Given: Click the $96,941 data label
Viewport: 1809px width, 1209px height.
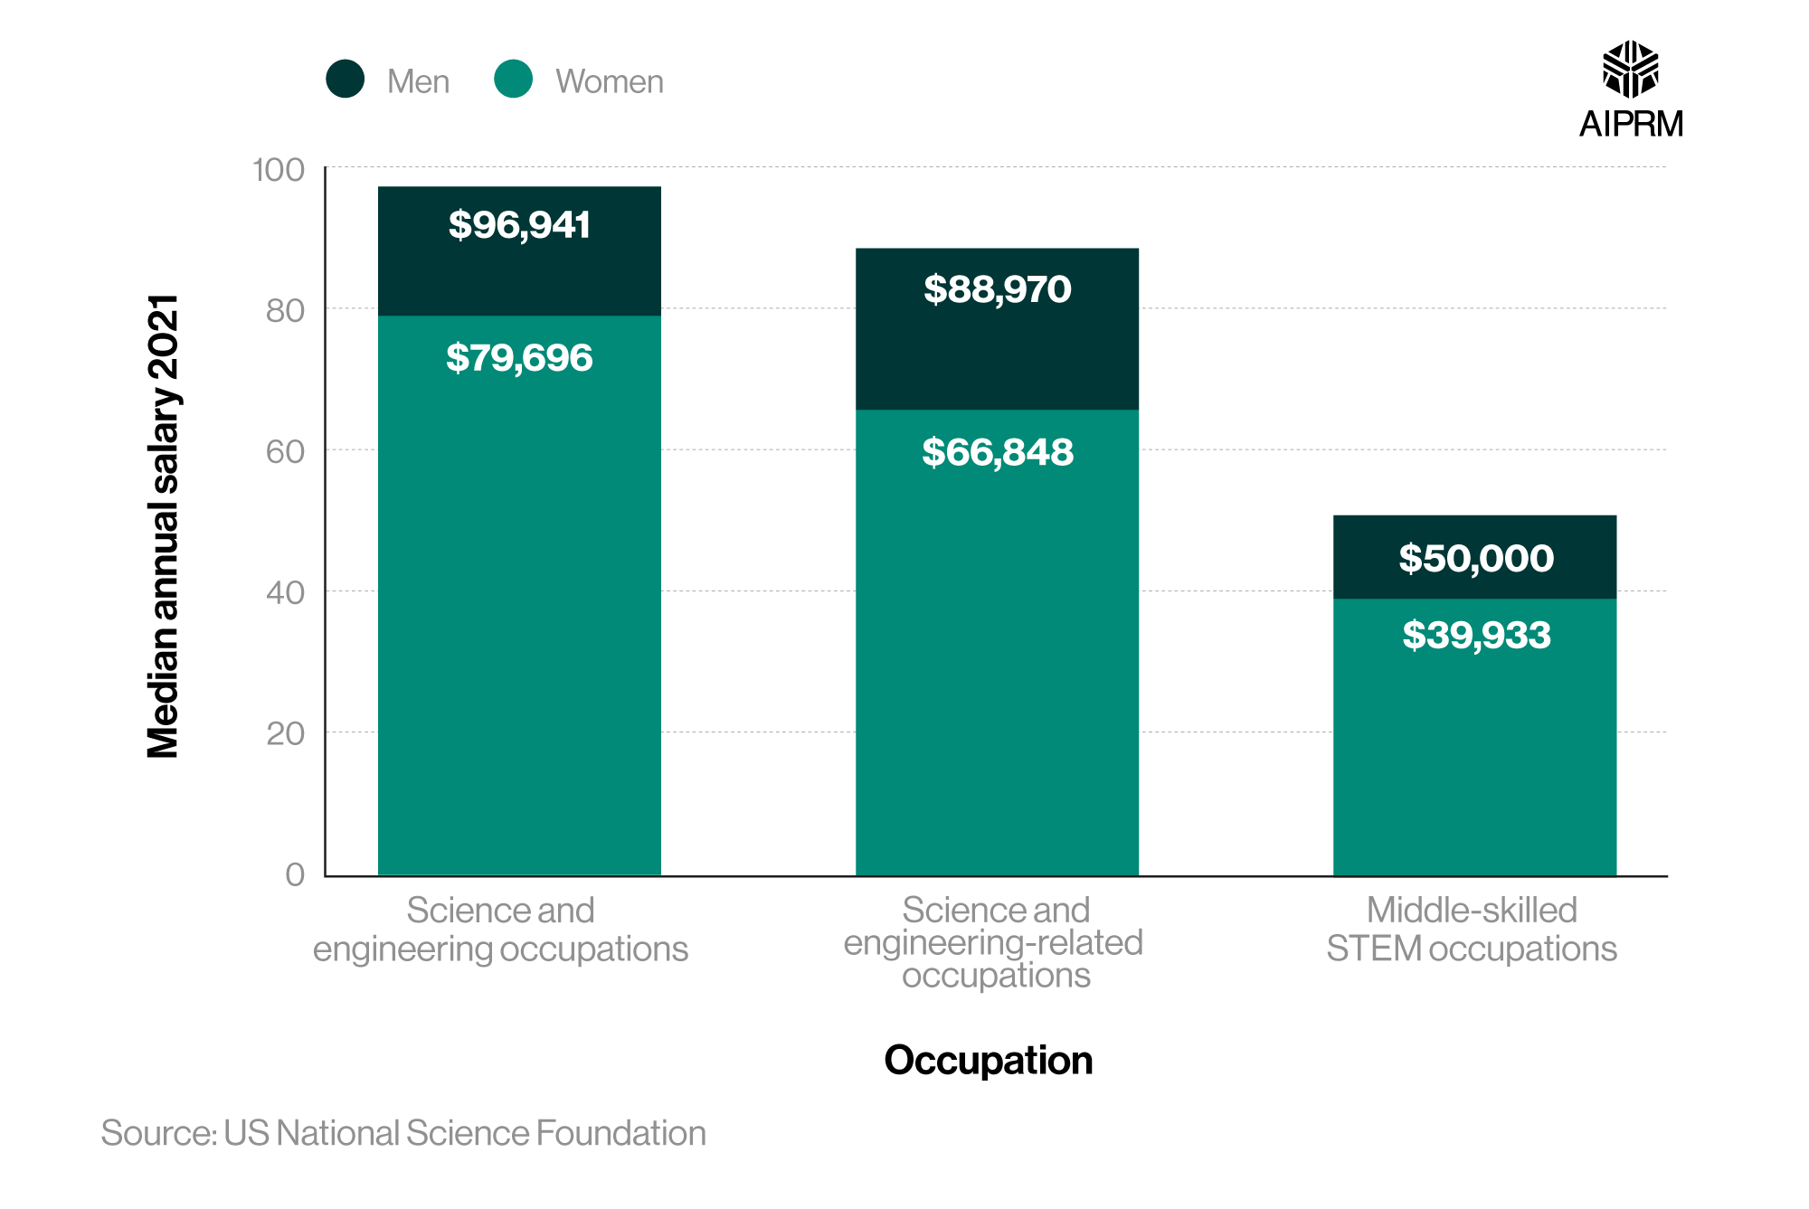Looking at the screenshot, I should (x=519, y=225).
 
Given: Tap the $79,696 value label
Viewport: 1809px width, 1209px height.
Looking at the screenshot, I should (x=519, y=358).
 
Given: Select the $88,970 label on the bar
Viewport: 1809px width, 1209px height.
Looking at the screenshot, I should (x=997, y=289).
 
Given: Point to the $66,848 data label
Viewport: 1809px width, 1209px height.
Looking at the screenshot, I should (x=997, y=452).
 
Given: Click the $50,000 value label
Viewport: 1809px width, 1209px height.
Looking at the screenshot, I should (x=1475, y=558).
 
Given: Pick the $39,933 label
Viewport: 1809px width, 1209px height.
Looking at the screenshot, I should (x=1475, y=635).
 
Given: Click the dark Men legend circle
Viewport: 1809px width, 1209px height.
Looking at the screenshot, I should (x=346, y=80).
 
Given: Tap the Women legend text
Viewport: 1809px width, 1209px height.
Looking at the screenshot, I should (x=609, y=81).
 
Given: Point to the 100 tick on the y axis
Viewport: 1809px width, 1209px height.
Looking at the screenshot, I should (x=278, y=170).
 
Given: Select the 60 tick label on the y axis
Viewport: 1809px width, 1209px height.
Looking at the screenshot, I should (x=285, y=452).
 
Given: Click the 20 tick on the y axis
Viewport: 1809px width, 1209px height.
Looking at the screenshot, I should (x=285, y=734).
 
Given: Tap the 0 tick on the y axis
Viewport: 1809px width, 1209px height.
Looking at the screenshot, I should (x=295, y=874).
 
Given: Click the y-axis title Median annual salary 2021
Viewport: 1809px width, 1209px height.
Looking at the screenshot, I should (x=164, y=526).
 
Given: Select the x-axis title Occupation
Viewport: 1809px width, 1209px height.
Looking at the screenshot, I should (x=988, y=1060).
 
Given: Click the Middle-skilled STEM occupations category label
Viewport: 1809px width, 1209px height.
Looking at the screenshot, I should (x=1472, y=930).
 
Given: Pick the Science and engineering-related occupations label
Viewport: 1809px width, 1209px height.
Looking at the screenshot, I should (x=995, y=942).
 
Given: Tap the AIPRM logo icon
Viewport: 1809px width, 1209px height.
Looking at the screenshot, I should (x=1630, y=69).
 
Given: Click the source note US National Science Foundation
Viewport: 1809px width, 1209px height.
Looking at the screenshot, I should (x=403, y=1133).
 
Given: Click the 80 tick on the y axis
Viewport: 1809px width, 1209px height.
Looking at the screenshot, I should (x=285, y=311).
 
